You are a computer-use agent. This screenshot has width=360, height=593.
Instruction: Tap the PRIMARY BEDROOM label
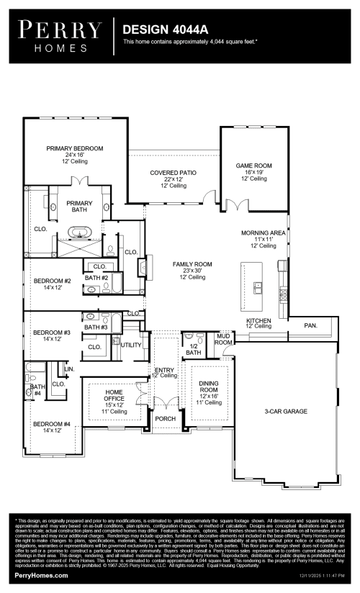click(x=75, y=148)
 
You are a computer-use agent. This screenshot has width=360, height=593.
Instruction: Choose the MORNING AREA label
click(x=264, y=234)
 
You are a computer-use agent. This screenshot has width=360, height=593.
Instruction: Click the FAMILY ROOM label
click(x=193, y=264)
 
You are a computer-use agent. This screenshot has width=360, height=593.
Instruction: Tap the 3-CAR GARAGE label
click(x=285, y=411)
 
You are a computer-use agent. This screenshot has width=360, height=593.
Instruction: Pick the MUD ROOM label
click(x=223, y=339)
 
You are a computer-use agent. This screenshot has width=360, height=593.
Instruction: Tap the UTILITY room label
click(x=131, y=345)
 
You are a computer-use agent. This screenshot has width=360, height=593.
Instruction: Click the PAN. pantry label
click(x=310, y=325)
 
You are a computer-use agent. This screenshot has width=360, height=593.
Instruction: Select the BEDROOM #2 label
click(x=52, y=281)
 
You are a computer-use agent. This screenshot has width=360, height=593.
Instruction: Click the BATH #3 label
click(x=96, y=327)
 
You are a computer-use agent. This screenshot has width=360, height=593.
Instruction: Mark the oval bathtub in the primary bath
click(x=79, y=232)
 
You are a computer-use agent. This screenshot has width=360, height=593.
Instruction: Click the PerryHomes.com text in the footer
click(x=42, y=575)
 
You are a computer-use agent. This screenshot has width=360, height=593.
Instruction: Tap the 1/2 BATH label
click(x=194, y=349)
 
